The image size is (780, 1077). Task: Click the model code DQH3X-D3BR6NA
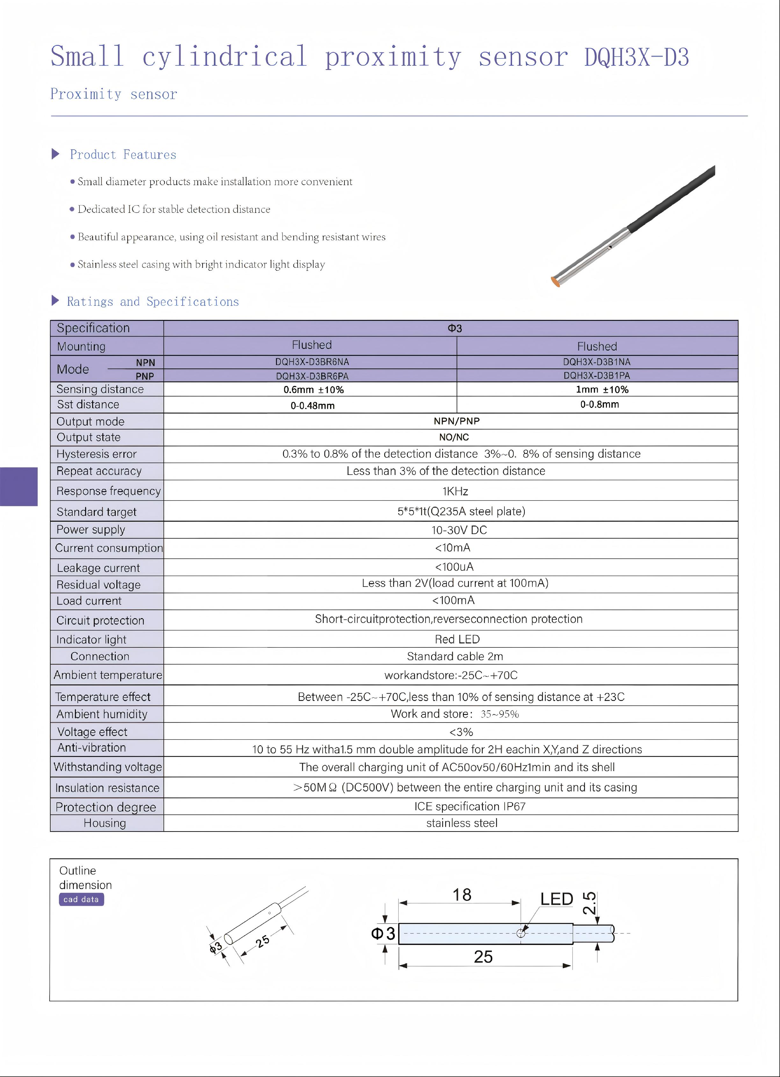(x=312, y=362)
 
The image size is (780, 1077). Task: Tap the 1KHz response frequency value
(x=455, y=491)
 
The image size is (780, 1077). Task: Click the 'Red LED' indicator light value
(x=457, y=639)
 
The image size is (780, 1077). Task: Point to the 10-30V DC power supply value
(x=459, y=530)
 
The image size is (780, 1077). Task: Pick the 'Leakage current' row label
(x=98, y=568)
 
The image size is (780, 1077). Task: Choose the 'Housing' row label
(x=105, y=823)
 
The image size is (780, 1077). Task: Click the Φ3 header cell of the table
(x=455, y=328)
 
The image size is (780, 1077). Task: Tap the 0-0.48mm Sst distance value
(x=313, y=405)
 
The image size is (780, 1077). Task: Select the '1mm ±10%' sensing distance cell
(x=602, y=389)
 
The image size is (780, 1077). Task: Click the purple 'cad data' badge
(x=81, y=899)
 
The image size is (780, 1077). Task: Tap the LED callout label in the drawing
(x=556, y=899)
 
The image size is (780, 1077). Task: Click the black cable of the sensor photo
(x=675, y=197)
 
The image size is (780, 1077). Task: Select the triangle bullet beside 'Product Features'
(x=55, y=154)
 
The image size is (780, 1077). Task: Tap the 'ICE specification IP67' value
(x=470, y=806)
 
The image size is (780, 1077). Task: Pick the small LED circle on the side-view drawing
(x=521, y=934)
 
